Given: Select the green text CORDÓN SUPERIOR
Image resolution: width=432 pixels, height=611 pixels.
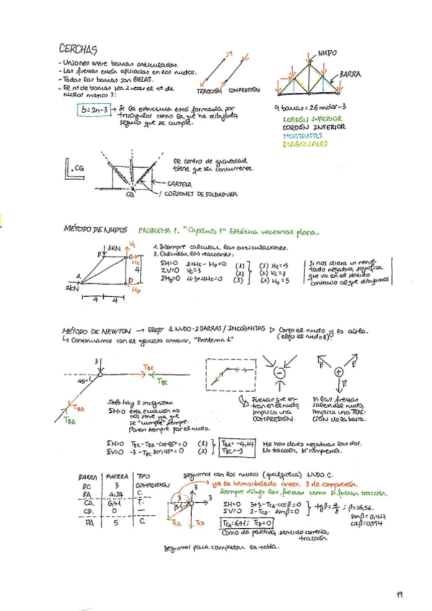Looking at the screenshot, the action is click(x=311, y=119).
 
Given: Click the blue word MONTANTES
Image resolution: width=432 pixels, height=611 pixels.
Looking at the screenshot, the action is click(x=303, y=135).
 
